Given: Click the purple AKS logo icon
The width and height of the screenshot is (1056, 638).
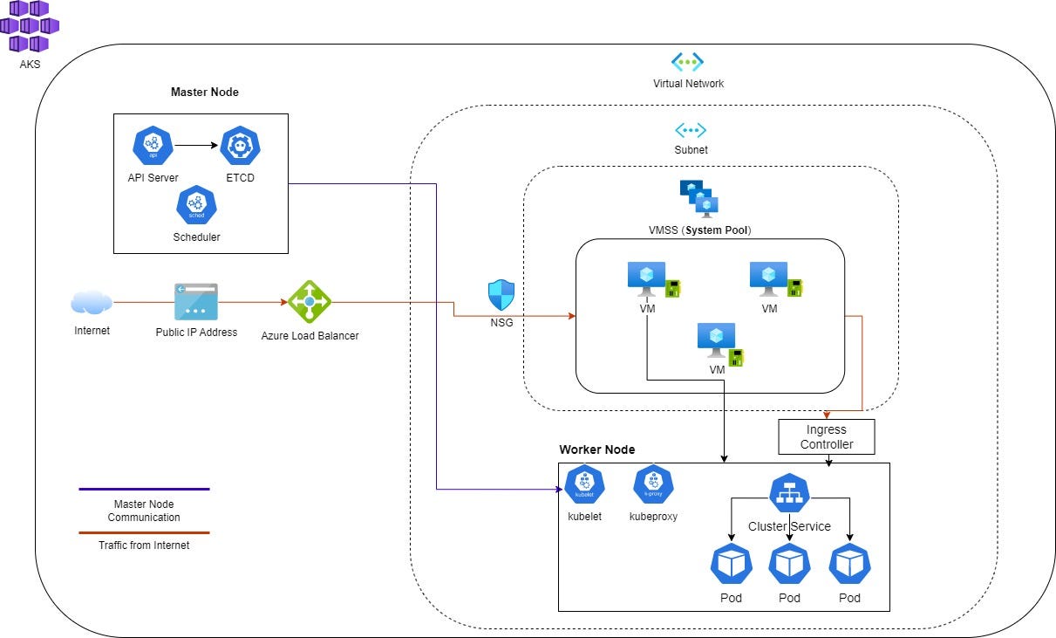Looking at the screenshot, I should coord(29,26).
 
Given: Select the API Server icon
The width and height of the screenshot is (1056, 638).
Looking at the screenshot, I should coord(153,146).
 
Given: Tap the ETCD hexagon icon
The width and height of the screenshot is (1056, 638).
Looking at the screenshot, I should coord(240,146).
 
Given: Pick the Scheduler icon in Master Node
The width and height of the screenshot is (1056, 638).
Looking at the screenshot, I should coord(196,206).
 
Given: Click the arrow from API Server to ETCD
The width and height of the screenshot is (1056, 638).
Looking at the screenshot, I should coord(195,146).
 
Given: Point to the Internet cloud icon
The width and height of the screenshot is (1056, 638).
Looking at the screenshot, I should coord(92,303).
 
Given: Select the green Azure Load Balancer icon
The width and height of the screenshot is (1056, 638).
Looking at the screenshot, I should coord(310,302).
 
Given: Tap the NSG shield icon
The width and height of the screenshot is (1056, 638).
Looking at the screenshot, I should coord(501,295).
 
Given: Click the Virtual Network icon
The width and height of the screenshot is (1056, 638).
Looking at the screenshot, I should coord(687,62).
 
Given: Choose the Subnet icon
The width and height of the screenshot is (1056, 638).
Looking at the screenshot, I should coord(691,130).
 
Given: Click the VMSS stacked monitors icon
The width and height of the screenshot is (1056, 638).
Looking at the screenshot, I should coord(699,198).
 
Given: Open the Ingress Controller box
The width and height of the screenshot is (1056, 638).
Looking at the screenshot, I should coord(826,436).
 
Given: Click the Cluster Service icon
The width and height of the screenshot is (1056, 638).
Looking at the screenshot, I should coord(789,493).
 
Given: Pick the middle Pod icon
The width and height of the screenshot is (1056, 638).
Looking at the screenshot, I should coord(789,565).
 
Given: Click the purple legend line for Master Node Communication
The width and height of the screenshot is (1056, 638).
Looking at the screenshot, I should coord(144,489).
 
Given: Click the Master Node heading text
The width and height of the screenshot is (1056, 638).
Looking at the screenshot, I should coord(204,92).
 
